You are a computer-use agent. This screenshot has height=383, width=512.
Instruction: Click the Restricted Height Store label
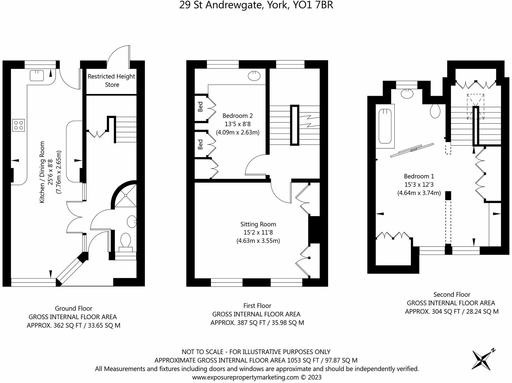point(112,81)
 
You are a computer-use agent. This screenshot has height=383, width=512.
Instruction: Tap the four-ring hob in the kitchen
point(18,125)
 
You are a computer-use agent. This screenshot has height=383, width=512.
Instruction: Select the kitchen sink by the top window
point(37,76)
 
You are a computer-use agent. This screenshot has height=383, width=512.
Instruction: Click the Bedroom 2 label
point(238,124)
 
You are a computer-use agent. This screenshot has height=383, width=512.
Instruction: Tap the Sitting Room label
point(258,233)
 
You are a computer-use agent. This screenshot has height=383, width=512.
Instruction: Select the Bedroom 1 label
point(419,184)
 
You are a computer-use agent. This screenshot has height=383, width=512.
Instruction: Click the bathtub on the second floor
point(385,126)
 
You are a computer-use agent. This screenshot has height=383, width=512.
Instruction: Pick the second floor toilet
point(435,111)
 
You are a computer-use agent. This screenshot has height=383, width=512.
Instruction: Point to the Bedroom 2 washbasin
point(255,76)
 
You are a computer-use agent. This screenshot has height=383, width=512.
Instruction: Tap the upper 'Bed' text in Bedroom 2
point(200,107)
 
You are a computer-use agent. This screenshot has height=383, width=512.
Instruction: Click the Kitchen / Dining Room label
point(50,172)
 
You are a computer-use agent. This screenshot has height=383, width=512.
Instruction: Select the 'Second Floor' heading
point(452,294)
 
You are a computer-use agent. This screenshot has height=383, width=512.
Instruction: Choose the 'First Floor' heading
point(257,305)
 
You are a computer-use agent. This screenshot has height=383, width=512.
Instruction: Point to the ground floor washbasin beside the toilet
point(132,221)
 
